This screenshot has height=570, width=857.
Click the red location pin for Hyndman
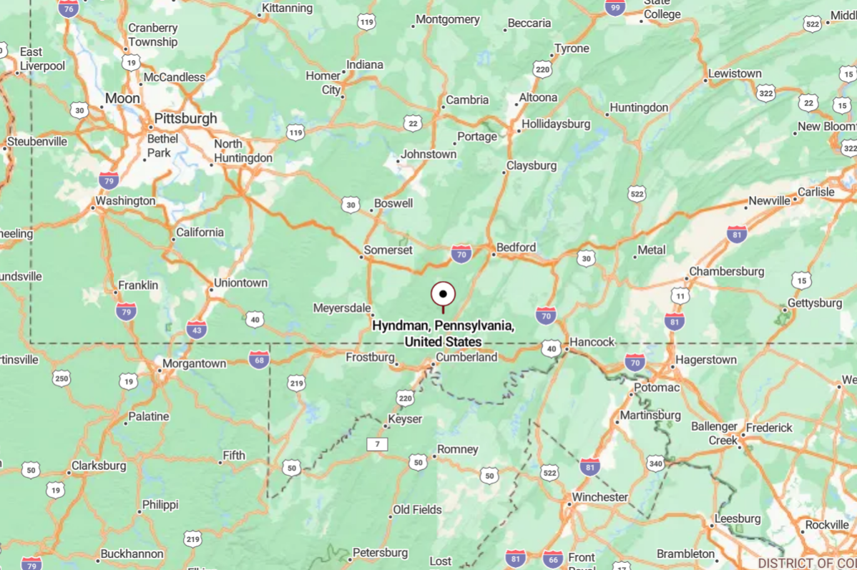(x=443, y=295)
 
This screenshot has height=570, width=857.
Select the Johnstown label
(x=428, y=154)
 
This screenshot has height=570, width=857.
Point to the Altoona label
(x=538, y=97)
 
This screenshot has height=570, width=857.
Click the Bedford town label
(x=516, y=247)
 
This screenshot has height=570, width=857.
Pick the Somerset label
(x=388, y=250)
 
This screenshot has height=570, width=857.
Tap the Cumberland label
(x=466, y=357)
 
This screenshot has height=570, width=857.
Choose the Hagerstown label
(x=706, y=360)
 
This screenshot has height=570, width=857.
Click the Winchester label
(x=599, y=497)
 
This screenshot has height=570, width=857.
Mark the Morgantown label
(x=194, y=363)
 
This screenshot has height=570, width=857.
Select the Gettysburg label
(x=814, y=303)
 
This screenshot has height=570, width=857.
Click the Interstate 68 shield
(x=259, y=360)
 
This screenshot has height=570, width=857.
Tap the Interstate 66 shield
(x=552, y=559)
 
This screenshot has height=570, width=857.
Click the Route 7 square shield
(x=377, y=444)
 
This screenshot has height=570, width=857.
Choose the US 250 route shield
(x=62, y=378)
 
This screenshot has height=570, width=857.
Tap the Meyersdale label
(x=342, y=308)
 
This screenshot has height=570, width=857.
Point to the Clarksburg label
(x=100, y=466)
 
